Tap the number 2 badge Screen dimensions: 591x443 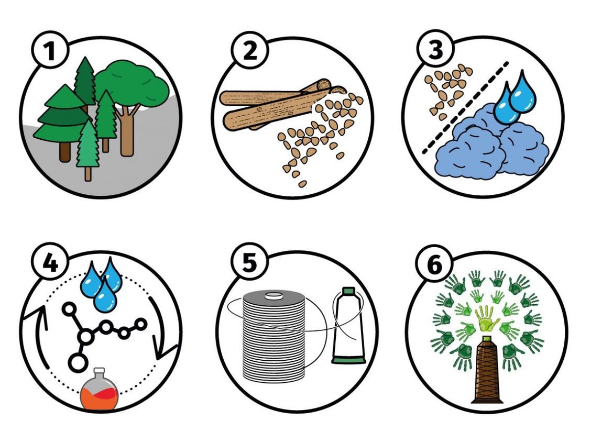pyautogui.click(x=249, y=50)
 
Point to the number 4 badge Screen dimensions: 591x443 pyautogui.click(x=50, y=262)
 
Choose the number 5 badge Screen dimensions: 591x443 pyautogui.click(x=249, y=262)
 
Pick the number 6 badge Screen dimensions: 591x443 pyautogui.click(x=435, y=264)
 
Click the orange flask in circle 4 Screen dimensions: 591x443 pyautogui.click(x=98, y=390)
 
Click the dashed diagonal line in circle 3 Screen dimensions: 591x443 pyautogui.click(x=465, y=108)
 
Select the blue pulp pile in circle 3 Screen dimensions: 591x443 pyautogui.click(x=492, y=145)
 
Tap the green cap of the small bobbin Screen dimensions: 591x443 pyautogui.click(x=348, y=291)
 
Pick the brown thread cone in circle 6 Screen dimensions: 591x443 pyautogui.click(x=488, y=369)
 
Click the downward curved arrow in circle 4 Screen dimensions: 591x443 pyautogui.click(x=162, y=328)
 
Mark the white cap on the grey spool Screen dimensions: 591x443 pyautogui.click(x=273, y=295)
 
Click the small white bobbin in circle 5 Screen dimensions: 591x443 pyautogui.click(x=348, y=326)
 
